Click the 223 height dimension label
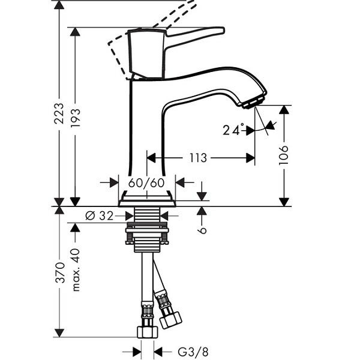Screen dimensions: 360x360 pos(59,113)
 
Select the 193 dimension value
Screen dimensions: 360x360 pos(76,118)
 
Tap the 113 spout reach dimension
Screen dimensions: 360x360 pos(198,158)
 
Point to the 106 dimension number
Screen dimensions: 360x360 pos(284,155)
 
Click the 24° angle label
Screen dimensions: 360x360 pos(233,130)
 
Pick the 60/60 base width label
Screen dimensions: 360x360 pos(146,183)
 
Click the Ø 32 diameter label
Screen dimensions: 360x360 pos(100,216)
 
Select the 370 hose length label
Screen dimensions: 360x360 pos(60,272)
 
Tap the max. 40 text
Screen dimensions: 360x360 pos(76,270)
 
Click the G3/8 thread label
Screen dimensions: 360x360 pos(193,352)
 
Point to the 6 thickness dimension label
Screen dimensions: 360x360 pos(203,230)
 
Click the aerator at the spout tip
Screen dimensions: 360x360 pos(254,102)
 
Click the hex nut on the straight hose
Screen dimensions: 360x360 pos(148,332)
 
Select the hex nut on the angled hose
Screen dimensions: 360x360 pos(170,320)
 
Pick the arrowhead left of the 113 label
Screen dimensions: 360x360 pos(151,158)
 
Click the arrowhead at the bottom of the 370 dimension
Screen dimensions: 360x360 pos(59,333)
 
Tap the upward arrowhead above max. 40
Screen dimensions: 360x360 pos(75,227)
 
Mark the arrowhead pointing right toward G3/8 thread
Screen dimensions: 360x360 pos(137,352)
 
